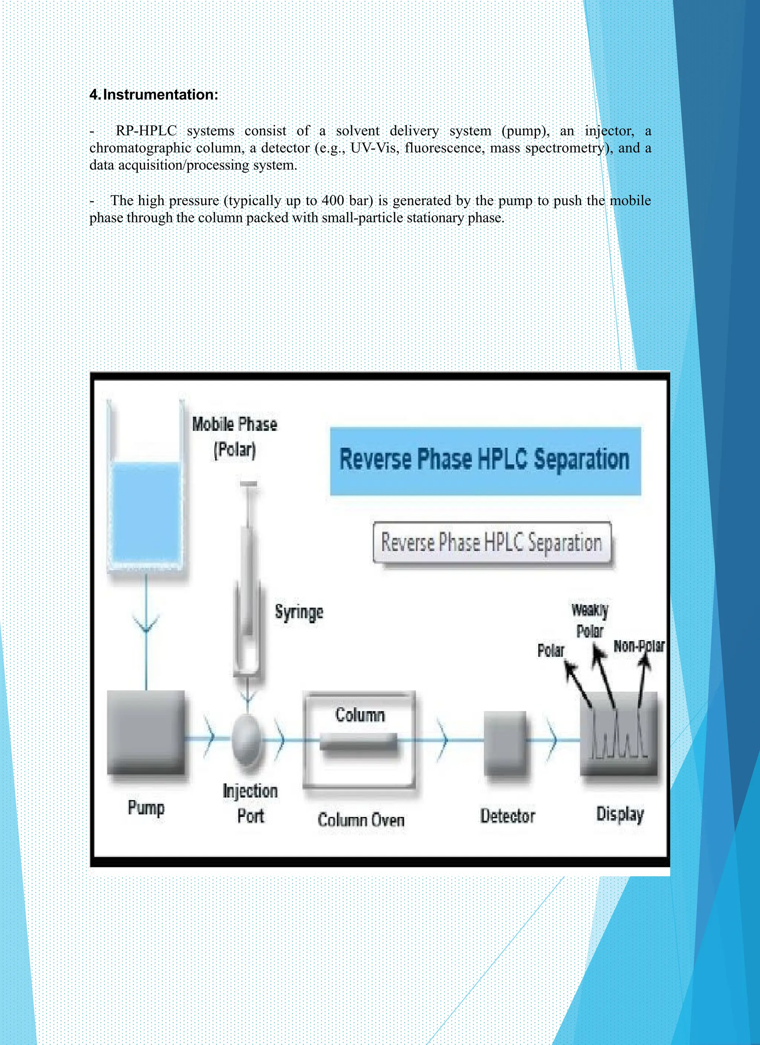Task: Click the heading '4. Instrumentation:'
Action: pos(154,95)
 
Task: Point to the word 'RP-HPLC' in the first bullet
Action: pos(146,131)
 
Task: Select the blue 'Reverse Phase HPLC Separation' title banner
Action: pos(485,461)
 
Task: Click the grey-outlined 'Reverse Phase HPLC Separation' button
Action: pos(492,542)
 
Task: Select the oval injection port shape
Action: pos(248,740)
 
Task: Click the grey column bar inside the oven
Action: pos(359,741)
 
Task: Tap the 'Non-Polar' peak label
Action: pos(639,646)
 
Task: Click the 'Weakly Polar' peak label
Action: pos(590,620)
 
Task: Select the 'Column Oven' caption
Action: pos(361,820)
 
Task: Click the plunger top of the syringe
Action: pos(249,484)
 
